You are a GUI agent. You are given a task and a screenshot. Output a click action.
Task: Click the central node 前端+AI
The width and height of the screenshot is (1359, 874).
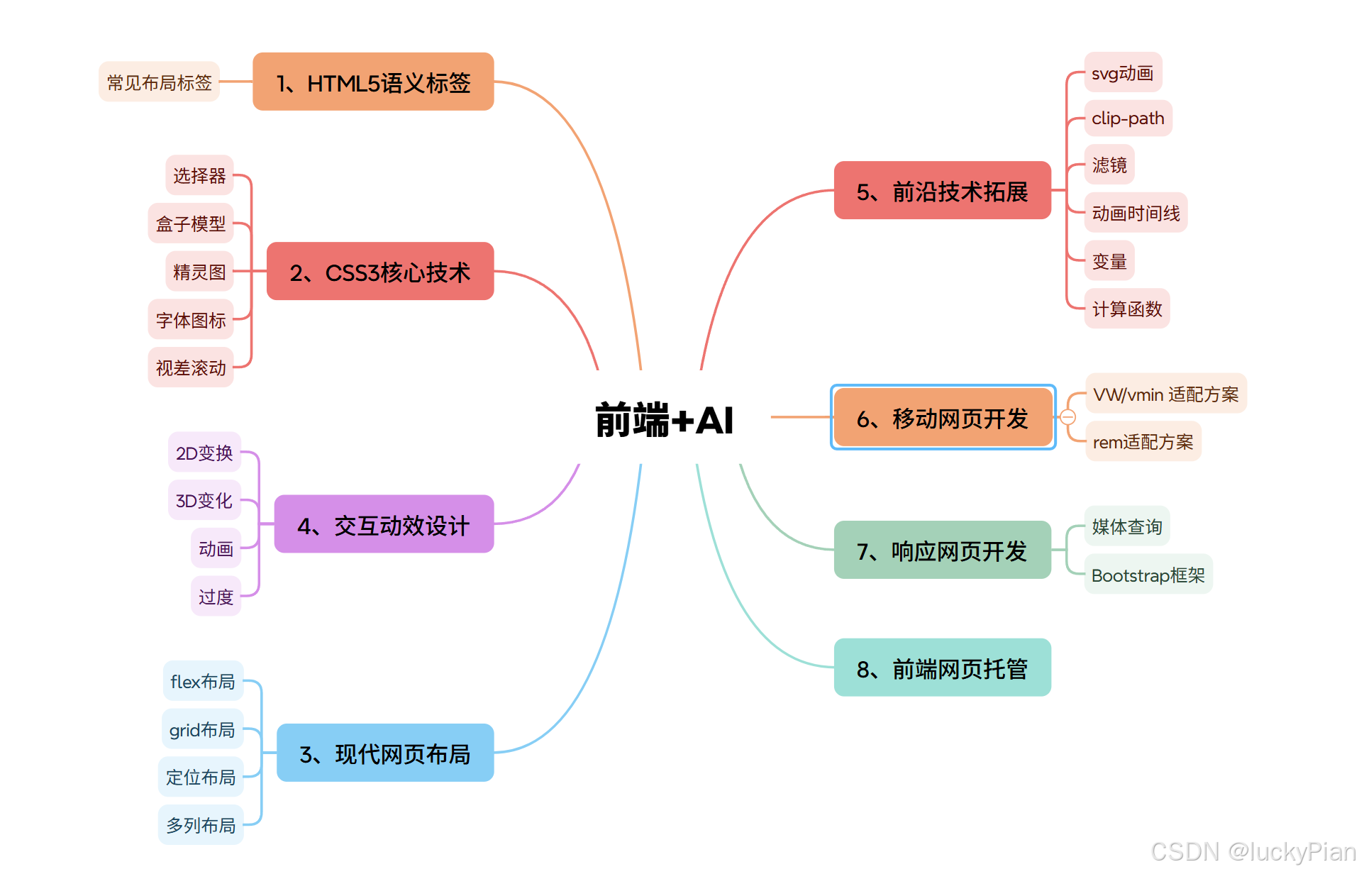click(x=664, y=419)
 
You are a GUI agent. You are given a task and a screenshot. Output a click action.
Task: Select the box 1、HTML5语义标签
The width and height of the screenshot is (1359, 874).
click(x=373, y=82)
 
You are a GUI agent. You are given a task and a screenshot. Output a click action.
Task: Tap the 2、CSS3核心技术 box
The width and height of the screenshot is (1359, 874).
click(x=380, y=272)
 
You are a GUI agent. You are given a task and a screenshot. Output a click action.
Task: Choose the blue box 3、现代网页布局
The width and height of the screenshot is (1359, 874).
click(x=384, y=753)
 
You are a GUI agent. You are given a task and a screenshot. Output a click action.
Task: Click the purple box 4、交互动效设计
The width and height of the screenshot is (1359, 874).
click(x=384, y=525)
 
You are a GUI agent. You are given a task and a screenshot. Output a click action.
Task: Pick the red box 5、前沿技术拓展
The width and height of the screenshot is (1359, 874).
click(x=942, y=191)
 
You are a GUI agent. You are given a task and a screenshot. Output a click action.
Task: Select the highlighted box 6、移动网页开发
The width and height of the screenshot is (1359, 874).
click(x=943, y=418)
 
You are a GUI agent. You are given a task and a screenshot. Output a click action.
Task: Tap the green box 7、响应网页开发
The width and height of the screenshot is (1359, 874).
click(x=942, y=551)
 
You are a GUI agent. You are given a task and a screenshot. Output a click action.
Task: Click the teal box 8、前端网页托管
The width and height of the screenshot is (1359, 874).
click(x=942, y=668)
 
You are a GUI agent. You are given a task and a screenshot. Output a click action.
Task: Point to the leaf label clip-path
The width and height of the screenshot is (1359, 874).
click(x=1128, y=118)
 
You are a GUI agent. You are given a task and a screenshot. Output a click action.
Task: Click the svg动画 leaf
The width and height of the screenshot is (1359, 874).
click(x=1123, y=73)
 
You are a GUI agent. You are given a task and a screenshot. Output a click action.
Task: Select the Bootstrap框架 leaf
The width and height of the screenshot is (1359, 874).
click(x=1148, y=575)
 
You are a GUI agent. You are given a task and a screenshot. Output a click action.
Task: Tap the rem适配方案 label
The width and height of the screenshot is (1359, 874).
click(x=1143, y=442)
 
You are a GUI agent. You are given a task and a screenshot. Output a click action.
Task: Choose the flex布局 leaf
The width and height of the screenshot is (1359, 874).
click(x=203, y=681)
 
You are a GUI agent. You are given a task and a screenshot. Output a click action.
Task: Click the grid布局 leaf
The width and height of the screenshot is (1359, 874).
click(x=202, y=729)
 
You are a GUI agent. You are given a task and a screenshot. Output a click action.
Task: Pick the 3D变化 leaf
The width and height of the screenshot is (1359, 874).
click(x=204, y=500)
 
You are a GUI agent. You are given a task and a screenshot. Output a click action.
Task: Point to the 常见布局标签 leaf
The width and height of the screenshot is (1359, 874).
click(x=160, y=82)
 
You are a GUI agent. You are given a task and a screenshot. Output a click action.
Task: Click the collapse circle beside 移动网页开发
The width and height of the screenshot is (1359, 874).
click(x=1068, y=417)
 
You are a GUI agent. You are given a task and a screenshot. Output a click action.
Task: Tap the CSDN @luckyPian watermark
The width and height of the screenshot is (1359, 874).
click(x=1253, y=851)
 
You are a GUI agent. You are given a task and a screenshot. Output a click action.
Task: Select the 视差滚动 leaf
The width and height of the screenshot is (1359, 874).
click(x=191, y=367)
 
